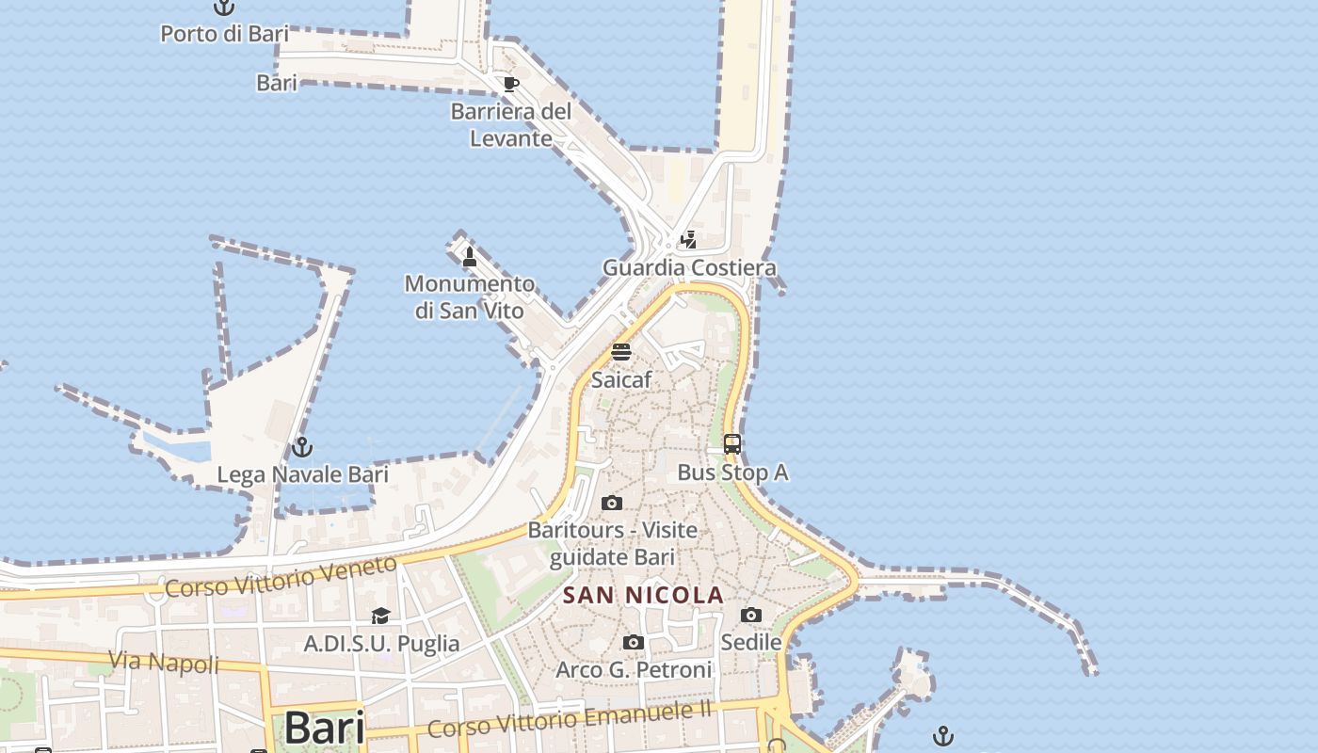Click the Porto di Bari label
tap(224, 34)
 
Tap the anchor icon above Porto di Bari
tap(223, 8)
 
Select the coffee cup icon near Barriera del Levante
tap(510, 83)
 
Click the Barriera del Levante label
tap(511, 124)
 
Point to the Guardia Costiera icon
tap(689, 239)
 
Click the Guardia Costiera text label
tap(689, 267)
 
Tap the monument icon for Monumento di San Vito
tap(469, 256)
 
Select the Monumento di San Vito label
tap(470, 296)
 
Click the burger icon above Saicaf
tap(621, 352)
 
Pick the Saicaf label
tap(621, 380)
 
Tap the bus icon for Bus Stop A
tap(731, 444)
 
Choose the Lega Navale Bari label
tap(302, 474)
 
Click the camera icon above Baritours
tap(612, 503)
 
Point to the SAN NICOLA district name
tap(643, 595)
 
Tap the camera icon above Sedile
tap(750, 616)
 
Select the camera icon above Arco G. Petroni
tap(634, 643)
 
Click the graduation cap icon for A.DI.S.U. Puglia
tap(380, 616)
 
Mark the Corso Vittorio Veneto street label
tap(281, 576)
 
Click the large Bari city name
tap(324, 727)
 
